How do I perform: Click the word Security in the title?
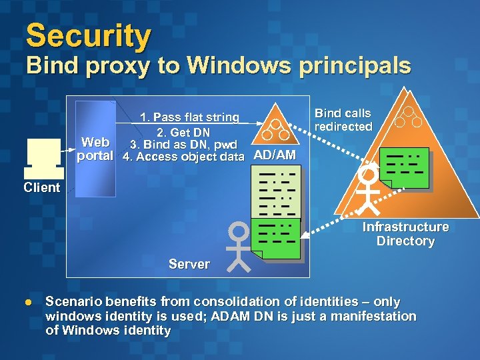[x=88, y=36]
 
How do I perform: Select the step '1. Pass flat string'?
[x=189, y=117]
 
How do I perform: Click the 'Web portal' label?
[x=95, y=149]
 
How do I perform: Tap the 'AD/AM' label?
[x=275, y=156]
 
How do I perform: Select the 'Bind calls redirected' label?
[x=343, y=120]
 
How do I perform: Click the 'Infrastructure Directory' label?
[x=405, y=234]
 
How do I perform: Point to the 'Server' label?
[x=189, y=264]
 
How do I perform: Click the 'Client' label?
[x=41, y=187]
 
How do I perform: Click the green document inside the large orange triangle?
[x=403, y=167]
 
